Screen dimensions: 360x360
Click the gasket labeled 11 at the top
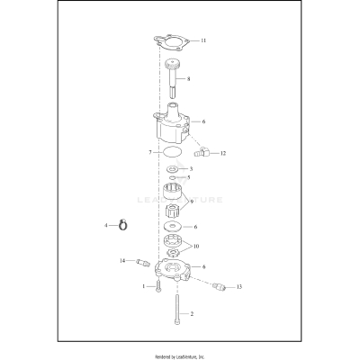click(x=171, y=41)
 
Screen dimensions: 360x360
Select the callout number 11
click(x=203, y=41)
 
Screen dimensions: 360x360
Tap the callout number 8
click(x=188, y=79)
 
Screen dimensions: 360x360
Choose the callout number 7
click(x=149, y=153)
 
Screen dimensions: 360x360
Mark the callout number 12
click(x=222, y=154)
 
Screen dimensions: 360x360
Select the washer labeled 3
click(x=172, y=168)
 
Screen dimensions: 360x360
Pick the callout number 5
click(x=188, y=178)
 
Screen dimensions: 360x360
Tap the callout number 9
click(x=190, y=202)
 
